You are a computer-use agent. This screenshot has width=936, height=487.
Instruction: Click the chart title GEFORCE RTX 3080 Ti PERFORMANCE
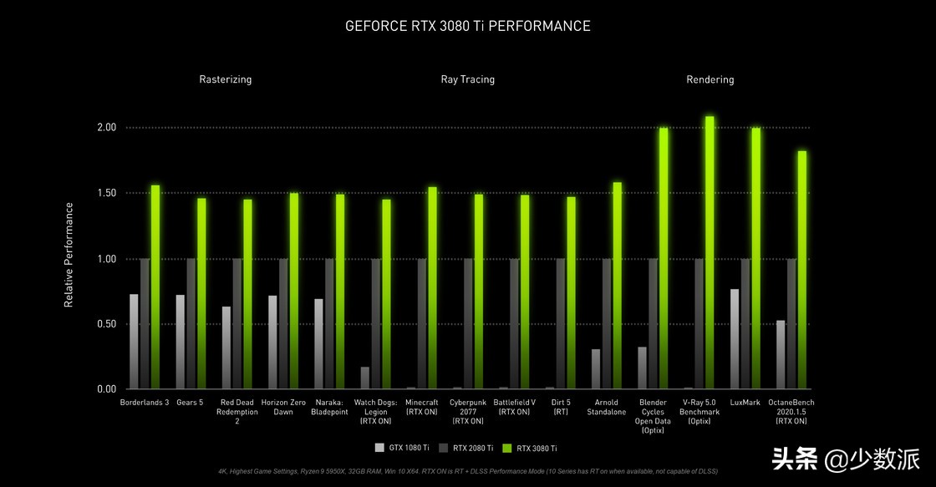pos(467,26)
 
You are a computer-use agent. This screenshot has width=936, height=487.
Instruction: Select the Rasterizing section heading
pos(225,79)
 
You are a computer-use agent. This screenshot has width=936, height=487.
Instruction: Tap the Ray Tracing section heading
pos(467,79)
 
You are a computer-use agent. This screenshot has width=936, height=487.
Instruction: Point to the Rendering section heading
pos(710,79)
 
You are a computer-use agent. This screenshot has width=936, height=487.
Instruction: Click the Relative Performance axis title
pos(69,254)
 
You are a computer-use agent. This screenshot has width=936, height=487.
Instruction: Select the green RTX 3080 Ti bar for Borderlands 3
pos(155,287)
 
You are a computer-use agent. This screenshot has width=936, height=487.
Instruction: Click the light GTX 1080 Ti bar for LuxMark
pos(735,339)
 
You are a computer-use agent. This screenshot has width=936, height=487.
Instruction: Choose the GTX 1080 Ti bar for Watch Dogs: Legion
pos(365,378)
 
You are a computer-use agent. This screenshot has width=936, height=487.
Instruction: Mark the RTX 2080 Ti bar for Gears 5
pos(191,324)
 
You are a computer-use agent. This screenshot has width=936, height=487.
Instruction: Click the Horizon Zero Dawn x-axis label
pos(283,407)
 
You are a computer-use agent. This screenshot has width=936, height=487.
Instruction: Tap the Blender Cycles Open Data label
pos(653,416)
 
